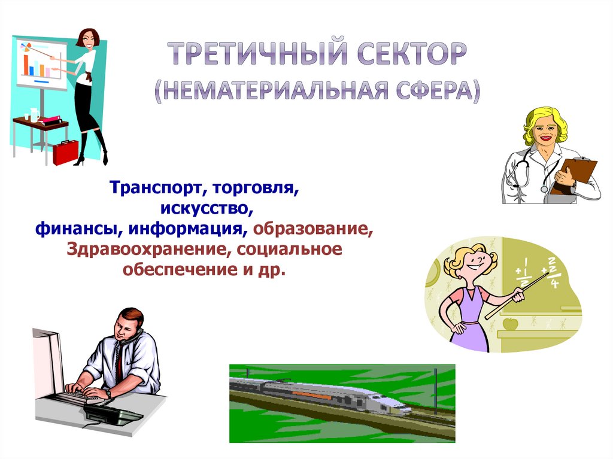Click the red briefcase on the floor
pos(65,152)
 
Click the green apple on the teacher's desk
pos(510,325)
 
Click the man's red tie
pos(120,359)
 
